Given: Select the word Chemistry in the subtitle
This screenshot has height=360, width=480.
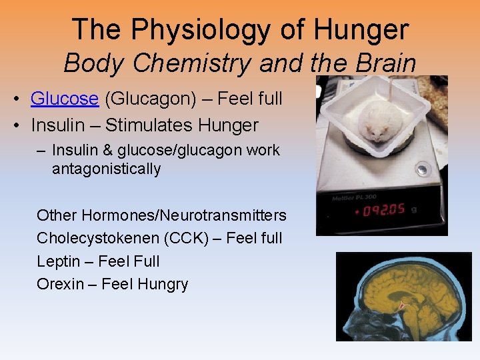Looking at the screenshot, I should (x=189, y=63).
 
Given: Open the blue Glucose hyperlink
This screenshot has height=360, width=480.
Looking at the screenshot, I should (x=65, y=99).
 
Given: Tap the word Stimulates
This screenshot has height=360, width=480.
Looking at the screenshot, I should (x=150, y=124).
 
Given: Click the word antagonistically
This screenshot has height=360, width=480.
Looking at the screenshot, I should (x=106, y=169).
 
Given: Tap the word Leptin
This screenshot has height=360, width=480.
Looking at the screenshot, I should (x=57, y=261).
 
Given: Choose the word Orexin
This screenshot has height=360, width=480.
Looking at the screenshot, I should (x=58, y=284).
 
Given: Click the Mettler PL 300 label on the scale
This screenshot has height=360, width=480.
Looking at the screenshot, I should (x=353, y=198).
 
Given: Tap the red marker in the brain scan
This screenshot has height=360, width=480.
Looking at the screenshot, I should (x=402, y=304).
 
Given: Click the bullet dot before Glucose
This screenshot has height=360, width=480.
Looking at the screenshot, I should (x=15, y=99).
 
